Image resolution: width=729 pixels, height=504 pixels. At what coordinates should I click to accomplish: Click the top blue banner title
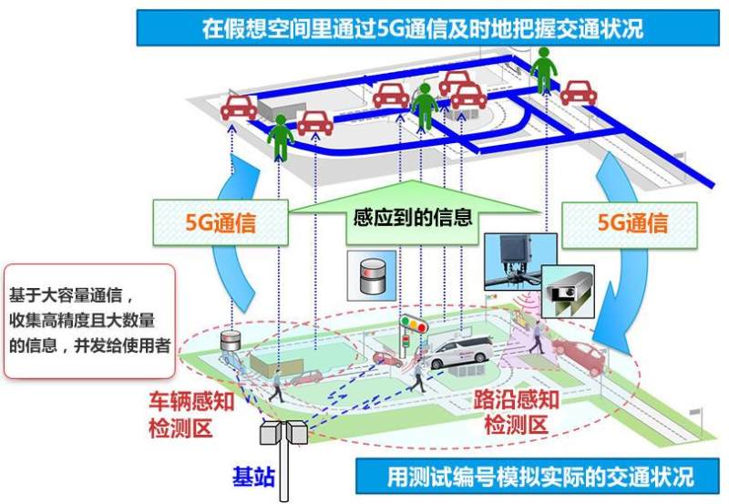[x=427, y=28]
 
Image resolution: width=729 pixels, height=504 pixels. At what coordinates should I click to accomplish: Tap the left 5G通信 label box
[x=221, y=222]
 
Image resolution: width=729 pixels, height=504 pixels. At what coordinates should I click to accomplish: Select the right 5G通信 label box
[x=630, y=225]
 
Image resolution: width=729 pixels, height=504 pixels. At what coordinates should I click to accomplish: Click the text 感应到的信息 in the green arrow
[x=413, y=217]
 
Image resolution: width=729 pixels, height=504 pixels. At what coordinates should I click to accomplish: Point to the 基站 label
[x=253, y=477]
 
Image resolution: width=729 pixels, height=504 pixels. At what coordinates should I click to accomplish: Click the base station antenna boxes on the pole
[x=283, y=432]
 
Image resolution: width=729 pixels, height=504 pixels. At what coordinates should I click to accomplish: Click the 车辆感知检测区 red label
[x=191, y=414]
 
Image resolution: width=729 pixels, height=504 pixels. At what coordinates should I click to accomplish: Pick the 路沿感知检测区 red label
[x=516, y=412]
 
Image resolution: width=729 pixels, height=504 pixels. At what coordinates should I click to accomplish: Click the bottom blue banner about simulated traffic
[x=538, y=476]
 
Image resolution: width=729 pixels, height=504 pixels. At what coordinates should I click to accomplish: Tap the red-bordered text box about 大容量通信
[x=89, y=321]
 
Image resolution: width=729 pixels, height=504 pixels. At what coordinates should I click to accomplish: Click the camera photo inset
[x=568, y=292]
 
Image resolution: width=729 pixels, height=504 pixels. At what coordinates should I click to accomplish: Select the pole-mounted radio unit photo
[x=520, y=262]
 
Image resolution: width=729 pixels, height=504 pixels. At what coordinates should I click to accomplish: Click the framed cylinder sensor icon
[x=372, y=276]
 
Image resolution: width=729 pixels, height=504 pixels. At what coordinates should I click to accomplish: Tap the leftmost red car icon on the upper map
[x=239, y=108]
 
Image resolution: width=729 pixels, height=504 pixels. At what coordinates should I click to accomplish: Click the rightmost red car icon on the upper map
[x=579, y=93]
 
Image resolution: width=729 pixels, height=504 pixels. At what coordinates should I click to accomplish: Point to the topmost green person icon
[x=543, y=70]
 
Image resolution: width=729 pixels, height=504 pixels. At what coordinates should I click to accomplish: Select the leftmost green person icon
[x=281, y=138]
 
